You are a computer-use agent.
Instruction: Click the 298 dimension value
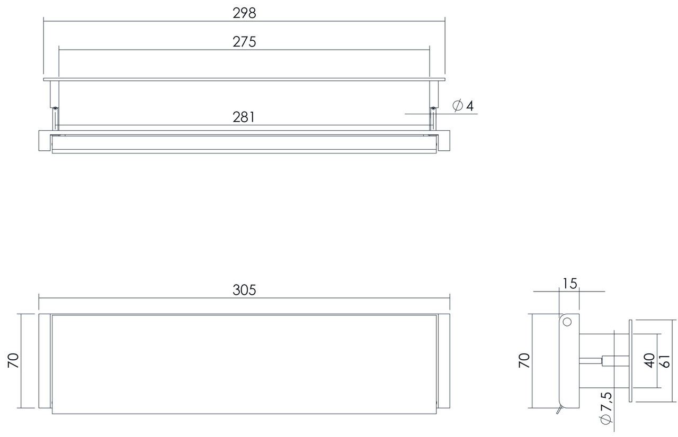tap(244, 14)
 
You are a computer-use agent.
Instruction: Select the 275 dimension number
tap(244, 42)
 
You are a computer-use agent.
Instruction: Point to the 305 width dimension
tap(244, 289)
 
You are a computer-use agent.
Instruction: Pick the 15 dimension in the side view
tap(569, 284)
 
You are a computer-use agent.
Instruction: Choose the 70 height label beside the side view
tap(524, 361)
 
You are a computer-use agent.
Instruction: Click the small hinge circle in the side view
tap(567, 322)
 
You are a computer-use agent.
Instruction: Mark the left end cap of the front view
tap(44, 361)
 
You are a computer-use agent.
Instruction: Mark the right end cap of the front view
tap(444, 361)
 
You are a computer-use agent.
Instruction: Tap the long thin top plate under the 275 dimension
tap(244, 79)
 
